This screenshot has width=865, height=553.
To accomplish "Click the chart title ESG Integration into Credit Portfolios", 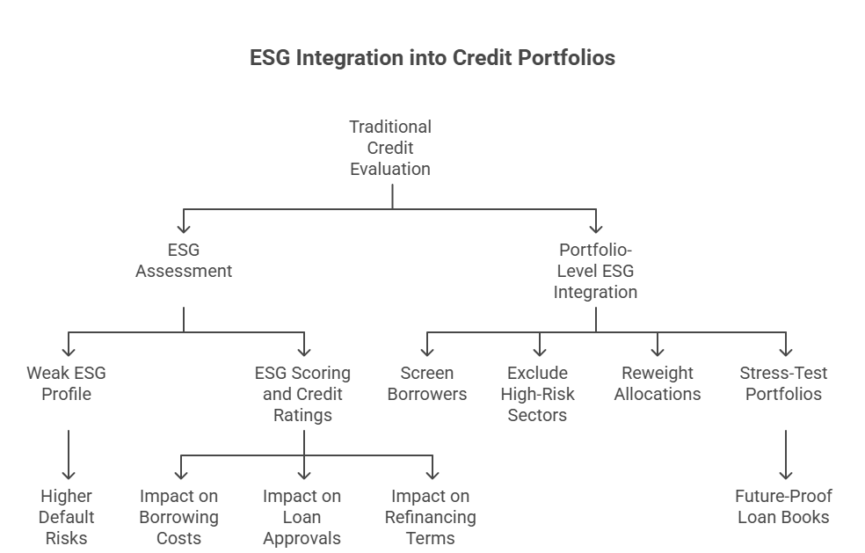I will [x=432, y=59].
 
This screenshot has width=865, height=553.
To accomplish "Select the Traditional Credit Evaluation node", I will [x=390, y=148].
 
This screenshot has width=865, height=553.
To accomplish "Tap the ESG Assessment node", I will [x=184, y=261].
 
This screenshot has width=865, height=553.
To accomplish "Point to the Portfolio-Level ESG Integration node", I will [x=595, y=271].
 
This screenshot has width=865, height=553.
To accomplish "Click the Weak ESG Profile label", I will [x=66, y=383].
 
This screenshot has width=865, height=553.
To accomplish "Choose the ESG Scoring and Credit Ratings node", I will [x=302, y=394].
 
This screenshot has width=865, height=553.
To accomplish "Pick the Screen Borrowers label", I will [x=427, y=383].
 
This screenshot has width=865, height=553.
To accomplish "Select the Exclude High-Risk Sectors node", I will [x=538, y=394].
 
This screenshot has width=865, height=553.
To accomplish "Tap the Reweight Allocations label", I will [x=658, y=383].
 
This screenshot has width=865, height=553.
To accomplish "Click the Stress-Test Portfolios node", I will [x=783, y=383].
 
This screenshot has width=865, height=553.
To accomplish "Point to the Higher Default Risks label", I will [x=67, y=517].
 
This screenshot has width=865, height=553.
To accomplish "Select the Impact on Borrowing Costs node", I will [x=179, y=517].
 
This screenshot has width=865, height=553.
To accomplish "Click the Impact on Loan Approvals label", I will [x=302, y=517].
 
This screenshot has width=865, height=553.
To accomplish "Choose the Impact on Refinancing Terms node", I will [x=431, y=517].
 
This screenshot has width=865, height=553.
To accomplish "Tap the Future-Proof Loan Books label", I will [x=783, y=506].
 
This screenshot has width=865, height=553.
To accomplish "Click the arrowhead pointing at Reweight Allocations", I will [x=658, y=351].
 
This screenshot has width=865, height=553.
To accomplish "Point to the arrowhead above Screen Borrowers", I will [x=428, y=351].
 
